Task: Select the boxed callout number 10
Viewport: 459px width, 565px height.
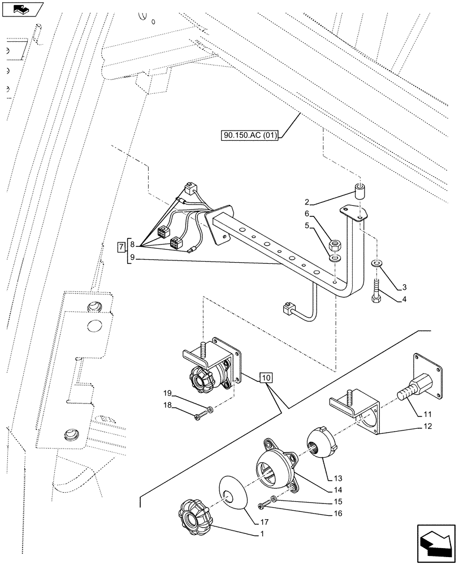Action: pyautogui.click(x=267, y=377)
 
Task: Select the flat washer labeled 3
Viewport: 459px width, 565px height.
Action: pyautogui.click(x=375, y=263)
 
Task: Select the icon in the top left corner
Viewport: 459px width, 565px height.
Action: pyautogui.click(x=23, y=9)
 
